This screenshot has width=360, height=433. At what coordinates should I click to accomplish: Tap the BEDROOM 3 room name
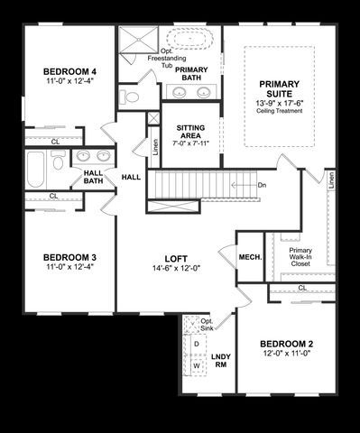click(x=69, y=257)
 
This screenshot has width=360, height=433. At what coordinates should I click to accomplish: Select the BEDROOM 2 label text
click(x=286, y=345)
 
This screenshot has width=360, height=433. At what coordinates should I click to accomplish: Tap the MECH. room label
click(x=250, y=258)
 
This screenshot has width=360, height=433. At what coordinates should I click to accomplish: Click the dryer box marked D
click(x=197, y=344)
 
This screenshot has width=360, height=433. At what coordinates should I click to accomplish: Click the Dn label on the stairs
click(x=261, y=185)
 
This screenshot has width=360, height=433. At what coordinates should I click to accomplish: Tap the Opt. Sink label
click(x=207, y=325)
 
